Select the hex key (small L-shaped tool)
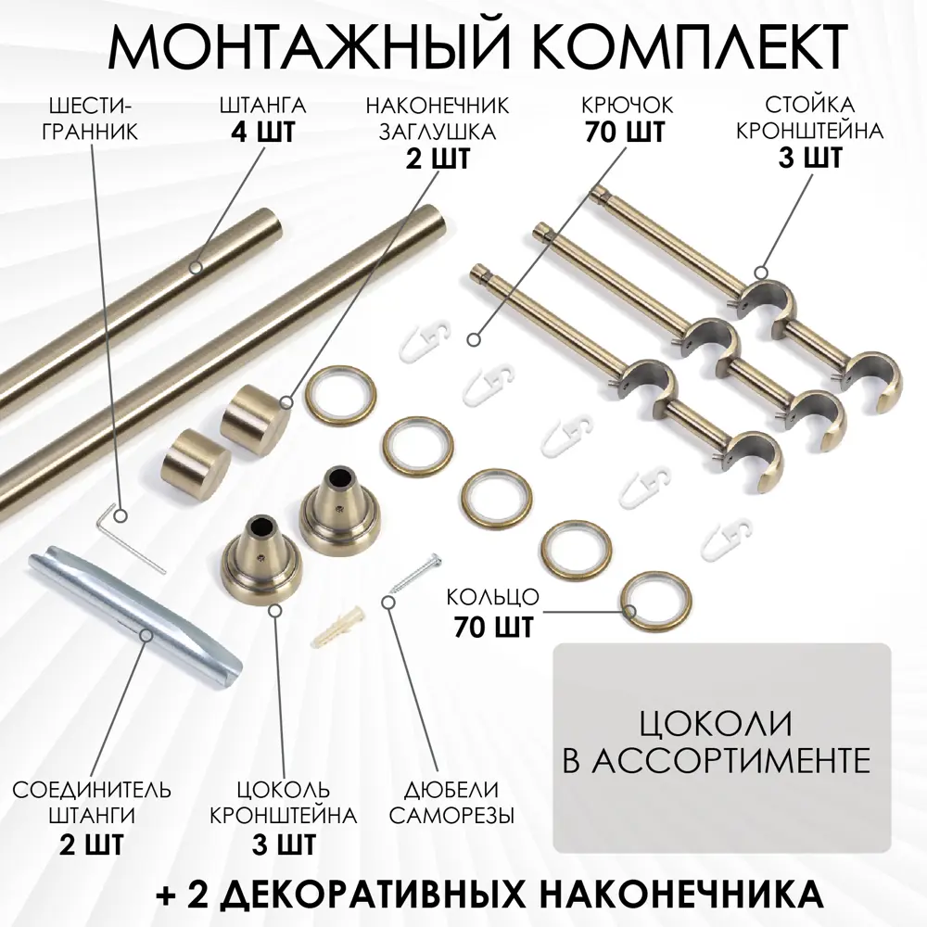(x=130, y=537)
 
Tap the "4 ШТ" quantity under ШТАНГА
(x=262, y=133)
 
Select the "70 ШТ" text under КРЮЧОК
(x=626, y=132)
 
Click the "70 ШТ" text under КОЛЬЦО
(x=494, y=627)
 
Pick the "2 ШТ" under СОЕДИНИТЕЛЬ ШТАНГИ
(x=92, y=844)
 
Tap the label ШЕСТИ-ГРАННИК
(x=90, y=119)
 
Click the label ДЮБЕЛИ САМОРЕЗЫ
(x=451, y=802)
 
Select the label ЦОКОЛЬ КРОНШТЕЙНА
(x=283, y=802)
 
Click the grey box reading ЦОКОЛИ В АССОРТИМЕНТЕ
(x=722, y=748)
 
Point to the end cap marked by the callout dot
(x=256, y=412)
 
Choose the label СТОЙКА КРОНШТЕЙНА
(x=809, y=118)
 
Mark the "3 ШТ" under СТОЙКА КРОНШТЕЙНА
(x=810, y=158)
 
